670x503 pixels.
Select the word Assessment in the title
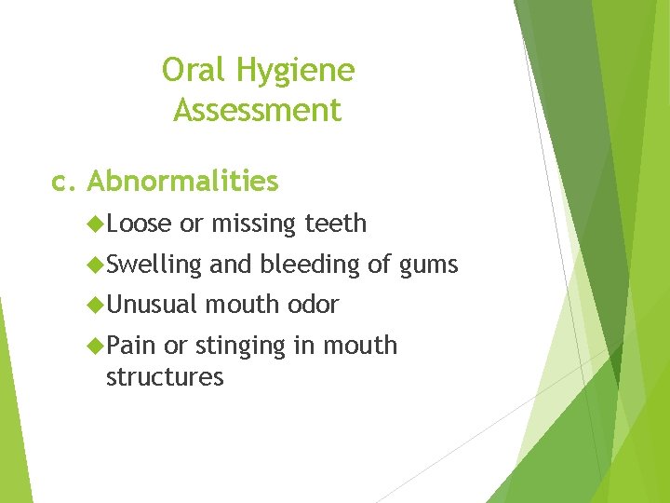pyautogui.click(x=258, y=111)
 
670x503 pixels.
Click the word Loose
pyautogui.click(x=139, y=224)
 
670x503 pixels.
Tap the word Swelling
pyautogui.click(x=154, y=265)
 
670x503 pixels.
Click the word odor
pyautogui.click(x=314, y=305)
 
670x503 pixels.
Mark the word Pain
pyautogui.click(x=131, y=346)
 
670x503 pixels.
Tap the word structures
pyautogui.click(x=165, y=377)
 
